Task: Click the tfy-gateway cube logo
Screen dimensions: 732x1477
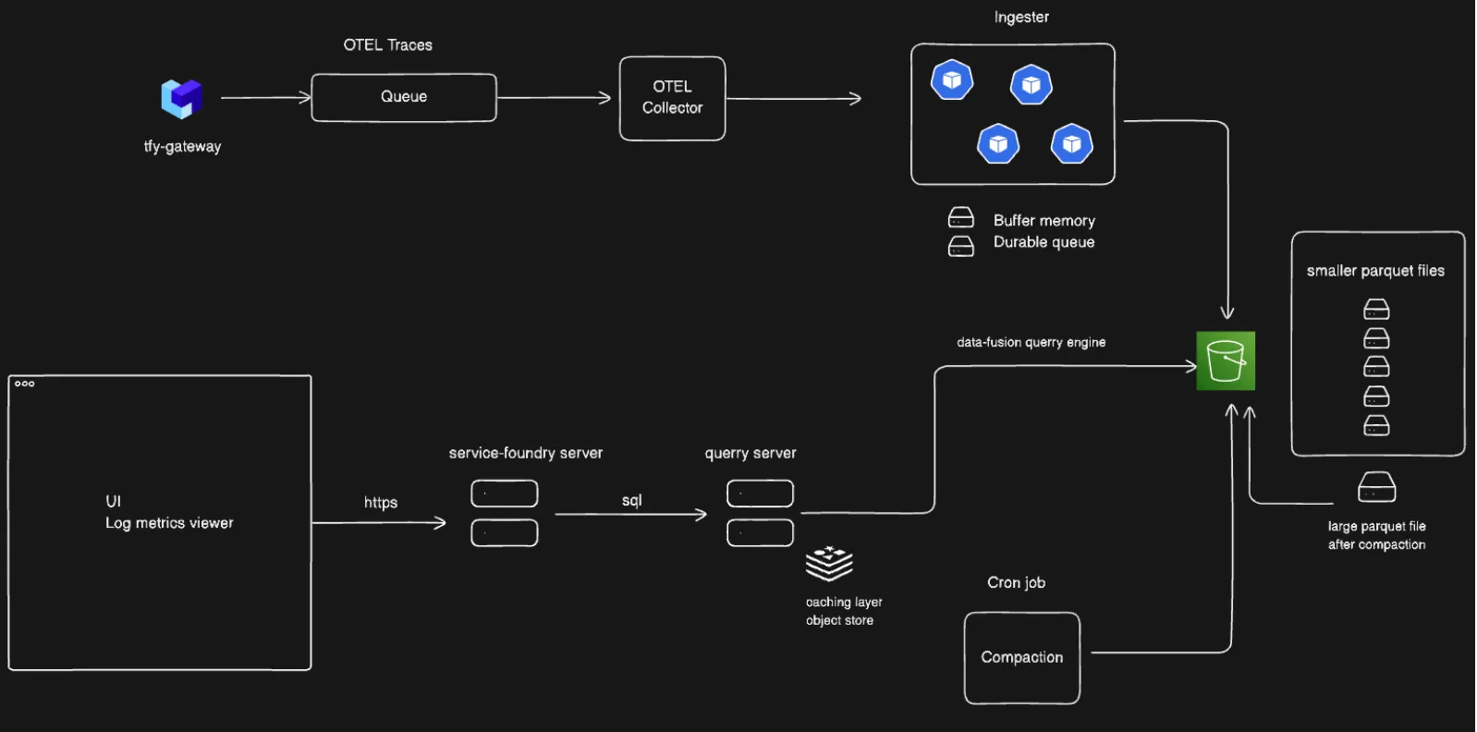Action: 181,98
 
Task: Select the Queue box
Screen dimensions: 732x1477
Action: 404,97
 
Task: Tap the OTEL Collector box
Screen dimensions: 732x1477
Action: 672,98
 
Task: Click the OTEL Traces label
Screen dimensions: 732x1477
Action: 388,45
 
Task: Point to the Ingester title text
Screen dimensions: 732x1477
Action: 1021,18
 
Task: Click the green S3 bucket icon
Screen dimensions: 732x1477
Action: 1226,360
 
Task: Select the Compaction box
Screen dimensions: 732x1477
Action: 1022,657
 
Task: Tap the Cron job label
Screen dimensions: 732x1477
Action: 1016,582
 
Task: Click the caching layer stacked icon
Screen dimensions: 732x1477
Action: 829,563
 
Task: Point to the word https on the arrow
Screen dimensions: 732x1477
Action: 381,503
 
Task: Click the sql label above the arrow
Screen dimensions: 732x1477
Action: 632,500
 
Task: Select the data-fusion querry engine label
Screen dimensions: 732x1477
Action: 1031,342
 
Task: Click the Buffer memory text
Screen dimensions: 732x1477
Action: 1044,221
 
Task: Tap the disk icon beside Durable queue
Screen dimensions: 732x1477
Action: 961,246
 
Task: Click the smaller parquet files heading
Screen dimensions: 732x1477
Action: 1375,271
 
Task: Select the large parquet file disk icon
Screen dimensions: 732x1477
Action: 1376,487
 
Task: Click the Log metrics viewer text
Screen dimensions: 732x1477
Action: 169,523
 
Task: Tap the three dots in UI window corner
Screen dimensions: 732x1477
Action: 25,384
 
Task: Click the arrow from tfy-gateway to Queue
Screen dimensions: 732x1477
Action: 265,97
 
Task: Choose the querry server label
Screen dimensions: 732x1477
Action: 751,453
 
